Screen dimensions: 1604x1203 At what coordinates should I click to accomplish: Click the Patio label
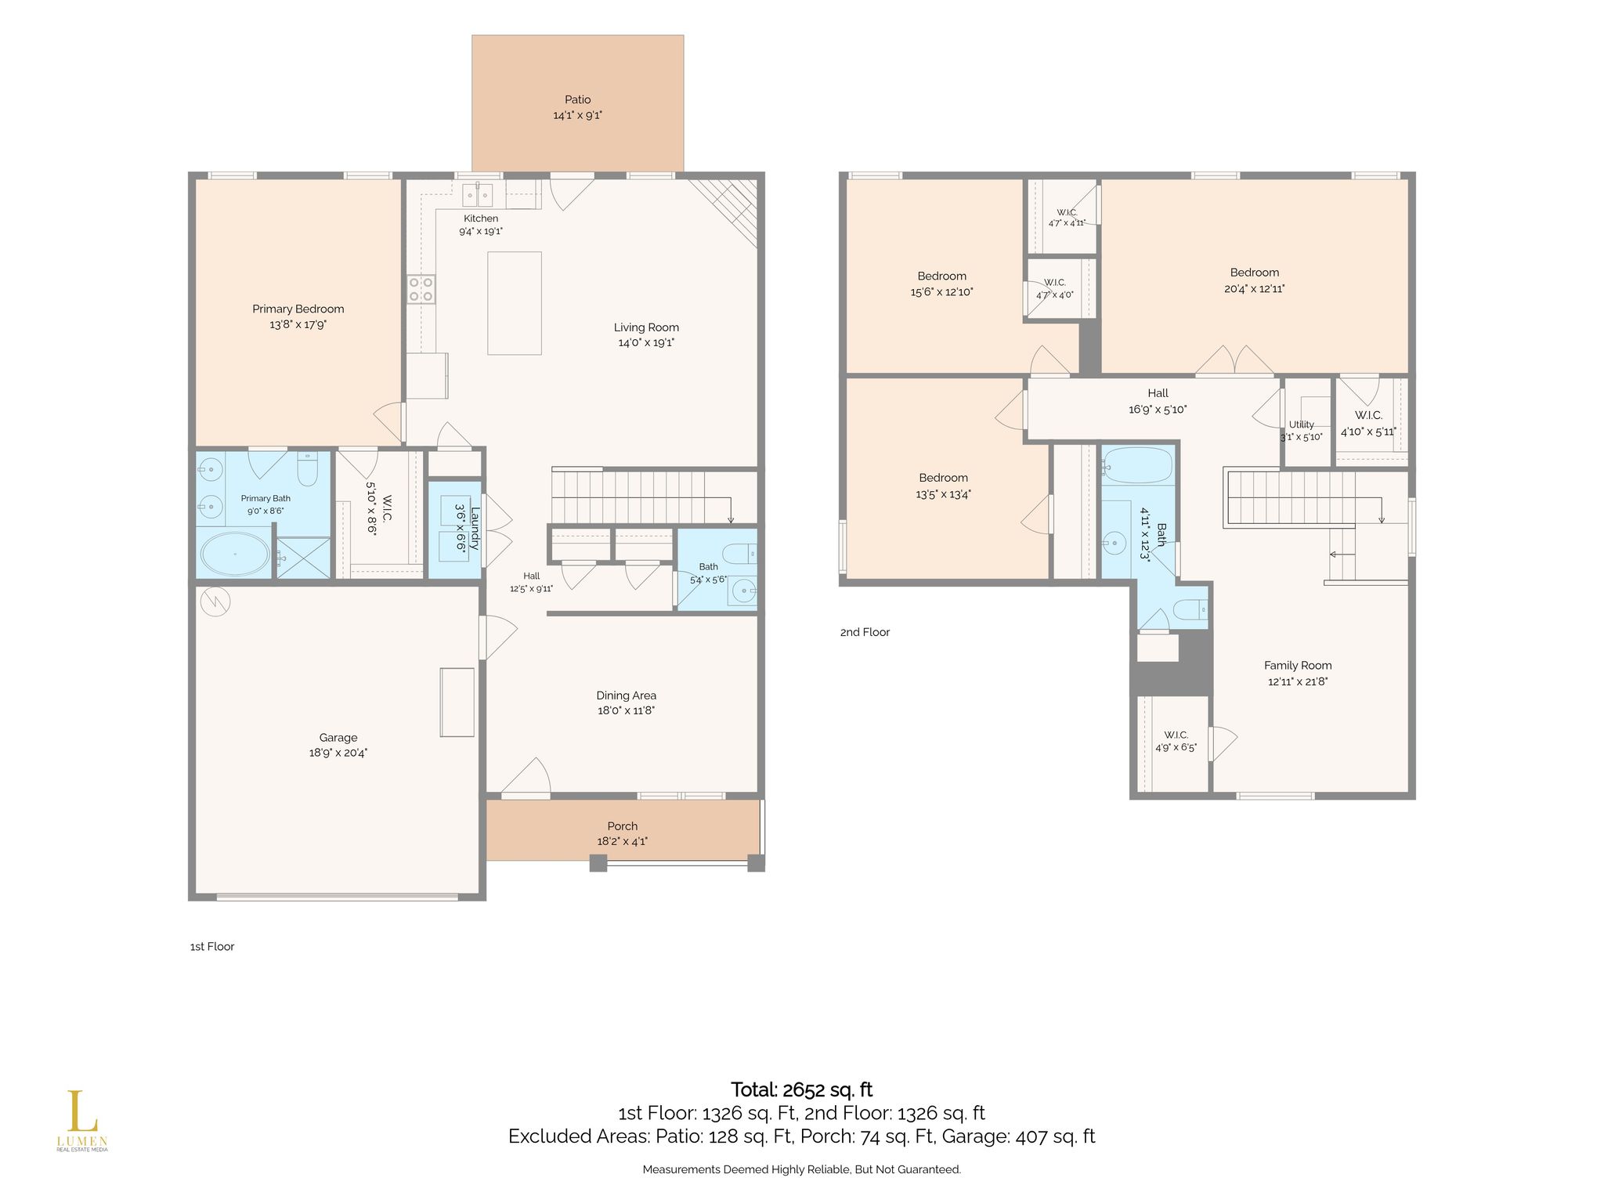[578, 99]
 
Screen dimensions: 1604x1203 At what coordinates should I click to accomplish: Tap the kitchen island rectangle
[515, 303]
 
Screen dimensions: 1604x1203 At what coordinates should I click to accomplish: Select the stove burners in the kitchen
[421, 289]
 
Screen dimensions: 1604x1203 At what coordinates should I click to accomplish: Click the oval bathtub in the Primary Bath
[235, 554]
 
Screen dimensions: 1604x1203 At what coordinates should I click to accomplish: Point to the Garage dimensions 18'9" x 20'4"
[338, 753]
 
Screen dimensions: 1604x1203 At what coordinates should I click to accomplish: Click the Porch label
[623, 826]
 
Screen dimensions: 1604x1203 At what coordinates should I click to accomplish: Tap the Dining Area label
[627, 695]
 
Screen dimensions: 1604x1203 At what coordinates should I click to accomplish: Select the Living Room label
[646, 327]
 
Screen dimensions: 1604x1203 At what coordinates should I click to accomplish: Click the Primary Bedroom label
[298, 309]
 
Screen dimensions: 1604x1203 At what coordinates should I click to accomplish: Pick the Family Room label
[1298, 666]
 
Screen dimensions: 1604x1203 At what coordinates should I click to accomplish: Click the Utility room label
[1302, 424]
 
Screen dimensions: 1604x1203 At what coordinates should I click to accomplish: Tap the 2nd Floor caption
[865, 632]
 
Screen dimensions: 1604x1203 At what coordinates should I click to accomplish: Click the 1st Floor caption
[212, 946]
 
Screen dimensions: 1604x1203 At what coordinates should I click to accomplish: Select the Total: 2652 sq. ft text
[801, 1089]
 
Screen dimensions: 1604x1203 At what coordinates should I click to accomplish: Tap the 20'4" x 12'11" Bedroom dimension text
[1255, 289]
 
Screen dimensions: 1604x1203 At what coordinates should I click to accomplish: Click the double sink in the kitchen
[477, 193]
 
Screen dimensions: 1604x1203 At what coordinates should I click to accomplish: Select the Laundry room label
[474, 529]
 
